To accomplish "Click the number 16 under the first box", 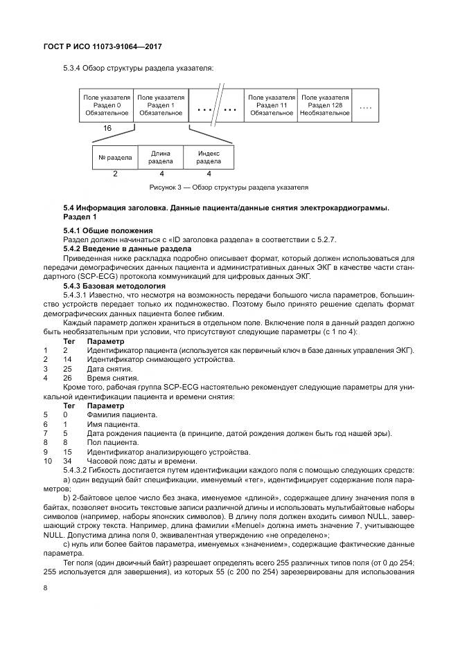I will [x=107, y=129].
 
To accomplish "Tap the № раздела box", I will [x=115, y=157].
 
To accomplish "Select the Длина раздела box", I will [x=161, y=157].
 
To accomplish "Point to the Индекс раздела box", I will [x=209, y=157].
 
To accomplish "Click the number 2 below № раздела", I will [x=115, y=174].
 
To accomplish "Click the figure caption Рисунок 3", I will [x=229, y=188].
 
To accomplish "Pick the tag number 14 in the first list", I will [x=67, y=359].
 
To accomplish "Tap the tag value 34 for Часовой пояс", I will [x=67, y=461].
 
